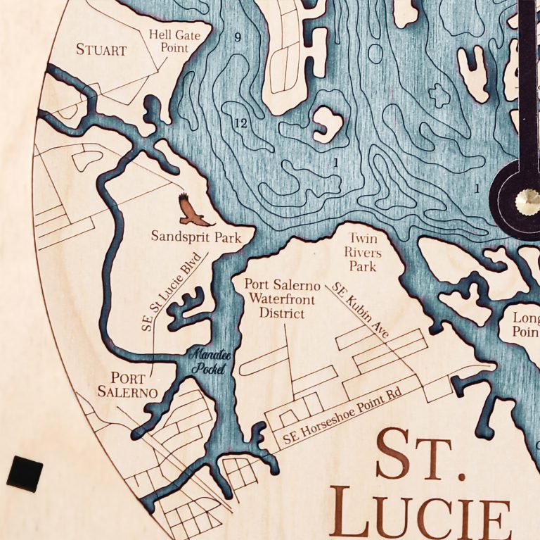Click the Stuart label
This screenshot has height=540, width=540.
pyautogui.click(x=101, y=50)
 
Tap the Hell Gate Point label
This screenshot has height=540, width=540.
pyautogui.click(x=169, y=42)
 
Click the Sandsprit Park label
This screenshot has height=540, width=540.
pyautogui.click(x=196, y=237)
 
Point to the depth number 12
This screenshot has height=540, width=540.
pyautogui.click(x=240, y=123)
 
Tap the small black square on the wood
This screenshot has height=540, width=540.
pyautogui.click(x=25, y=472)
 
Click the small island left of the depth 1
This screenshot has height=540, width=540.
pyautogui.click(x=327, y=124)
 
